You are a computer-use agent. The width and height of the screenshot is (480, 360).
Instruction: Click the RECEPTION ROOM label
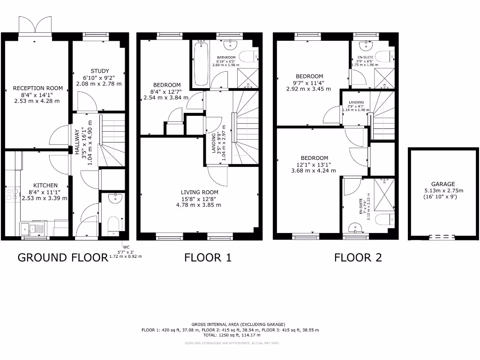pyautogui.click(x=37, y=88)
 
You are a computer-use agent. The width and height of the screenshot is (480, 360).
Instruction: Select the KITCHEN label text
pyautogui.click(x=45, y=185)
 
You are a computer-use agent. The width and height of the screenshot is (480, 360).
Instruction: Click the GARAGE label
pyautogui.click(x=443, y=184)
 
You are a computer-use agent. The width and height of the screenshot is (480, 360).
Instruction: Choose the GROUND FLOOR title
pyautogui.click(x=63, y=257)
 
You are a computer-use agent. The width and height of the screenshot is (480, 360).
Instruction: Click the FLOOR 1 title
pyautogui.click(x=208, y=257)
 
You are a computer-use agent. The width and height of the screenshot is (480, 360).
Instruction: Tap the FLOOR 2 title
pyautogui.click(x=358, y=257)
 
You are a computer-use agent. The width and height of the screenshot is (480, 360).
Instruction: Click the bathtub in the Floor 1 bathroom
pyautogui.click(x=201, y=63)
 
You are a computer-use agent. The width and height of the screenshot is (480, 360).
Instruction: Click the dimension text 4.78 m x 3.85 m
pyautogui.click(x=198, y=205)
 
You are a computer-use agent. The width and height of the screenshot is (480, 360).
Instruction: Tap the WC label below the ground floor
pyautogui.click(x=125, y=247)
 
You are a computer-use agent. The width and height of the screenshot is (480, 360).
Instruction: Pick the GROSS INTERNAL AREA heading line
pyautogui.click(x=238, y=324)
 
